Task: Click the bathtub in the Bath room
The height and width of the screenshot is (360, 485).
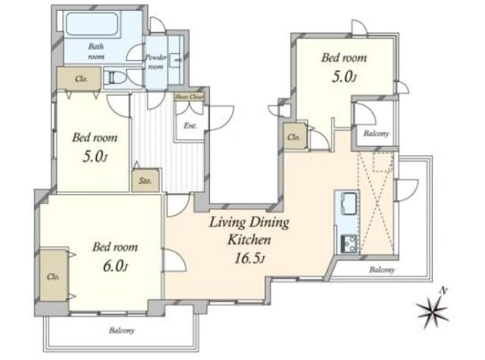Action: click(x=92, y=23)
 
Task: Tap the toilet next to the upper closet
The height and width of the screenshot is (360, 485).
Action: click(x=114, y=77)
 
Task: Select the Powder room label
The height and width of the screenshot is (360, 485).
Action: click(x=156, y=62)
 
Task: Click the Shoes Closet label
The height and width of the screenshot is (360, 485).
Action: click(x=189, y=97)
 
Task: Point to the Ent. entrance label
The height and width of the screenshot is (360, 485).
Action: click(x=190, y=126)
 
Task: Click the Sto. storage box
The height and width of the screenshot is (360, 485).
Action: click(x=145, y=180)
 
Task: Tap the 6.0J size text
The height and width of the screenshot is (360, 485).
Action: click(x=115, y=267)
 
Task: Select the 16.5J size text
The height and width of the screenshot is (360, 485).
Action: click(x=249, y=258)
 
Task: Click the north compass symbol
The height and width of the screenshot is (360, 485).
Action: click(x=432, y=309)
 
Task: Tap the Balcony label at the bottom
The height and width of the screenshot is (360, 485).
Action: click(x=122, y=330)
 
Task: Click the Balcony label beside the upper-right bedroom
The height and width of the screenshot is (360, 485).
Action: click(x=376, y=133)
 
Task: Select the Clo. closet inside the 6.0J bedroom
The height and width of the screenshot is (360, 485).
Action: click(x=54, y=274)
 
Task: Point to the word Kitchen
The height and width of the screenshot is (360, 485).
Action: click(x=249, y=239)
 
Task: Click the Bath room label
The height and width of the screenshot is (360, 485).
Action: click(x=96, y=52)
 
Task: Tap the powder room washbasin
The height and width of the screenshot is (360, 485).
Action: click(x=177, y=59)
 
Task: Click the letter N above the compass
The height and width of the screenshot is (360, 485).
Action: click(x=444, y=290)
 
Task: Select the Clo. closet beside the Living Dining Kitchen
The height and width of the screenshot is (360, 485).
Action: click(x=295, y=136)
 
